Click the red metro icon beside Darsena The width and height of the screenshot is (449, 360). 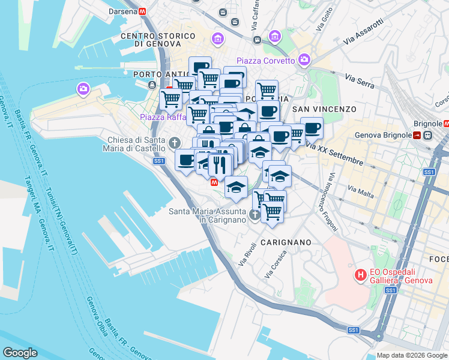(143, 11)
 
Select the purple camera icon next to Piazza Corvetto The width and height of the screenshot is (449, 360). (304, 59)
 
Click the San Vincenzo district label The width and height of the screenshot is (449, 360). (324, 109)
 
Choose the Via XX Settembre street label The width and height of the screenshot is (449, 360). (334, 154)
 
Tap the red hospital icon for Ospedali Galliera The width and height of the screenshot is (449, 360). (361, 275)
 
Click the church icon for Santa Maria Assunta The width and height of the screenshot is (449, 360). (255, 214)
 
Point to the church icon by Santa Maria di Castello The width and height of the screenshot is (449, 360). (174, 143)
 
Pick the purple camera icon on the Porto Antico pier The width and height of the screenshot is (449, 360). (83, 89)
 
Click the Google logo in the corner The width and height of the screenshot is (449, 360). (20, 353)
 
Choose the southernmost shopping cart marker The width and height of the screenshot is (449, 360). (273, 212)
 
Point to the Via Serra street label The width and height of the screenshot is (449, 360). (360, 81)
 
